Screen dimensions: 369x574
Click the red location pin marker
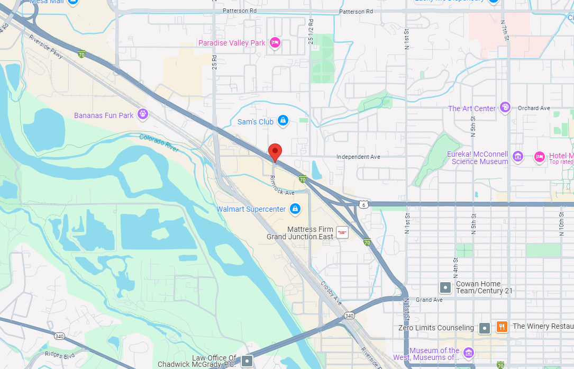274,152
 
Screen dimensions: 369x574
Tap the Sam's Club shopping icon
283,121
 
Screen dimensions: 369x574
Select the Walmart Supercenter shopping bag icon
295,209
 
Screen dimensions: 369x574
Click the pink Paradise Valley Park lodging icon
275,42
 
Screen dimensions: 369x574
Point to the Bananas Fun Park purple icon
142,114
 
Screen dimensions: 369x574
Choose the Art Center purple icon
505,107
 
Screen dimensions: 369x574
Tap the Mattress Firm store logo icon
342,232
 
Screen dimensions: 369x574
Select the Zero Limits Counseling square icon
484,328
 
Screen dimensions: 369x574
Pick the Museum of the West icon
468,352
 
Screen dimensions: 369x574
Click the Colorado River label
159,143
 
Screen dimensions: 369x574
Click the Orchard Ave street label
534,108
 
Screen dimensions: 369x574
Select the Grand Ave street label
429,300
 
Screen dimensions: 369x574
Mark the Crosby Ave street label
332,293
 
